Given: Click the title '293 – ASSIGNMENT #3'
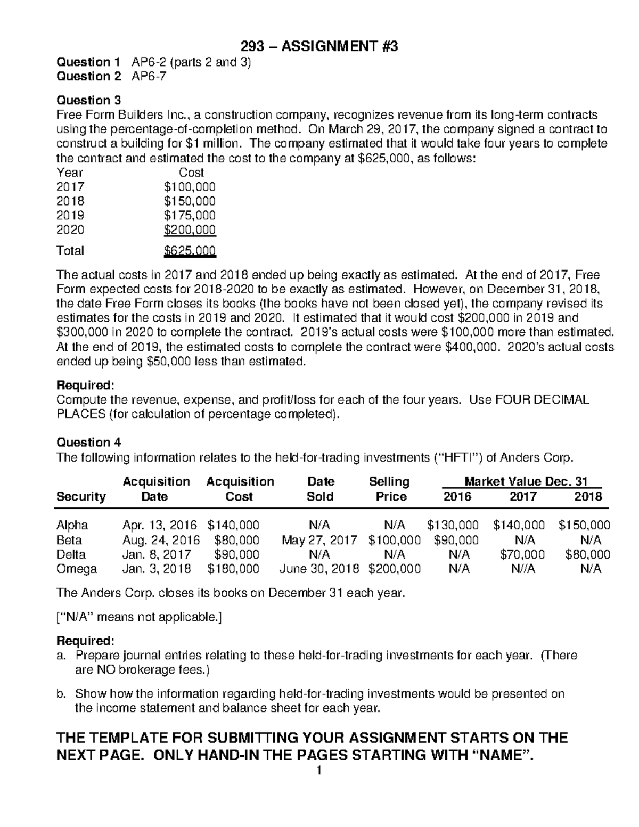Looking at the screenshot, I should pos(319,47).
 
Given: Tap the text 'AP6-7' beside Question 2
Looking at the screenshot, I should pos(149,76).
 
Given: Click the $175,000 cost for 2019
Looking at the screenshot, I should pos(190,215).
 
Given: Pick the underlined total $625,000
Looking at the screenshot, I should pos(190,250).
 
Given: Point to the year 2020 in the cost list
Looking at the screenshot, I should pos(70,230).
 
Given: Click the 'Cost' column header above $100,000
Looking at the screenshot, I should pos(191,172).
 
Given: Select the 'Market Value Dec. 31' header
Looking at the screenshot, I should pos(526,481).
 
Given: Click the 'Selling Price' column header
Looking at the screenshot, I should pos(390,489).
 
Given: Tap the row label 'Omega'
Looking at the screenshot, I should pos(77,569).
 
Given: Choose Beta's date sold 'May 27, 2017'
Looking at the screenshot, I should pos(319,540).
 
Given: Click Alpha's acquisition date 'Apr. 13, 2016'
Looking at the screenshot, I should pos(159,525).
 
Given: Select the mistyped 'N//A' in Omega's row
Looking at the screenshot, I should pos(523,569).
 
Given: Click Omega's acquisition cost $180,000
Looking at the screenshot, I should pos(233,569).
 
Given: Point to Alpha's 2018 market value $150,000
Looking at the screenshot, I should pos(584,525).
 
